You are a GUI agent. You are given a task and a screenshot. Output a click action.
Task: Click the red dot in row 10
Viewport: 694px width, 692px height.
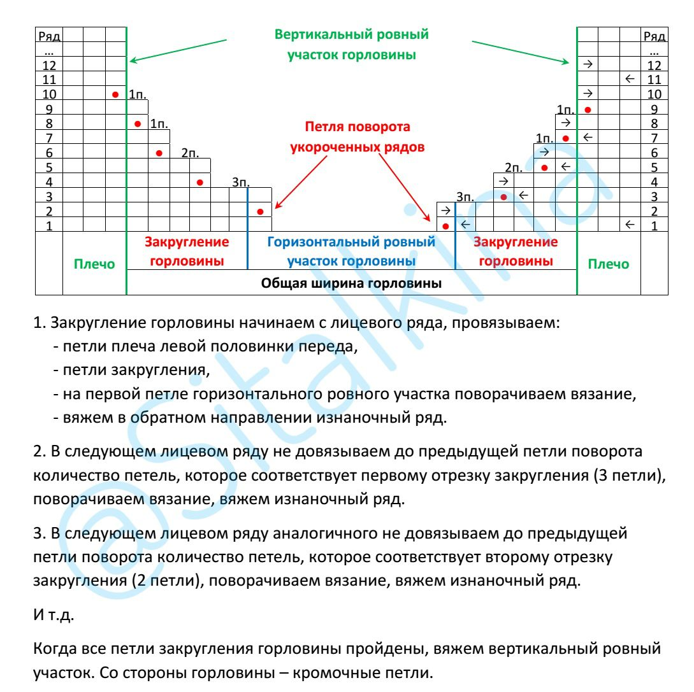115,95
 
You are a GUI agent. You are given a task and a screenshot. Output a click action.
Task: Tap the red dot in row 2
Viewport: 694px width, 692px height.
260,211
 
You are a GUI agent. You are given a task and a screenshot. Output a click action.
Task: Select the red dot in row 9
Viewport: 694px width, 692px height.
588,109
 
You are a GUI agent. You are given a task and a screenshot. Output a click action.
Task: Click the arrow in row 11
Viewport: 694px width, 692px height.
629,79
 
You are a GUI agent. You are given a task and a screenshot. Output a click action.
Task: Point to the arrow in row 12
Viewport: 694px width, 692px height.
588,64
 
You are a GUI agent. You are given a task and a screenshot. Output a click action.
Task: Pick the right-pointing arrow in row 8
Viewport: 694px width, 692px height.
565,123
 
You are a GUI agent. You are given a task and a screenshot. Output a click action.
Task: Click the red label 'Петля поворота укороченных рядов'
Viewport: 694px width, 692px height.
358,136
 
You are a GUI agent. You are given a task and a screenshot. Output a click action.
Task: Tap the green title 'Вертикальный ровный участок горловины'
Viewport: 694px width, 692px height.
352,44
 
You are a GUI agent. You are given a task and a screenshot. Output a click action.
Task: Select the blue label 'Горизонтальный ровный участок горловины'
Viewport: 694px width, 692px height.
351,251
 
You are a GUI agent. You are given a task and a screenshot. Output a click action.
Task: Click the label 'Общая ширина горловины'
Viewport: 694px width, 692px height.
352,283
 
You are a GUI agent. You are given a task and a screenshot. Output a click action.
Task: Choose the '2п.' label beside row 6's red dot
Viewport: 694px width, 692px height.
189,153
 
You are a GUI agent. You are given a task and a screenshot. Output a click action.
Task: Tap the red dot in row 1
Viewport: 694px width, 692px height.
445,226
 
